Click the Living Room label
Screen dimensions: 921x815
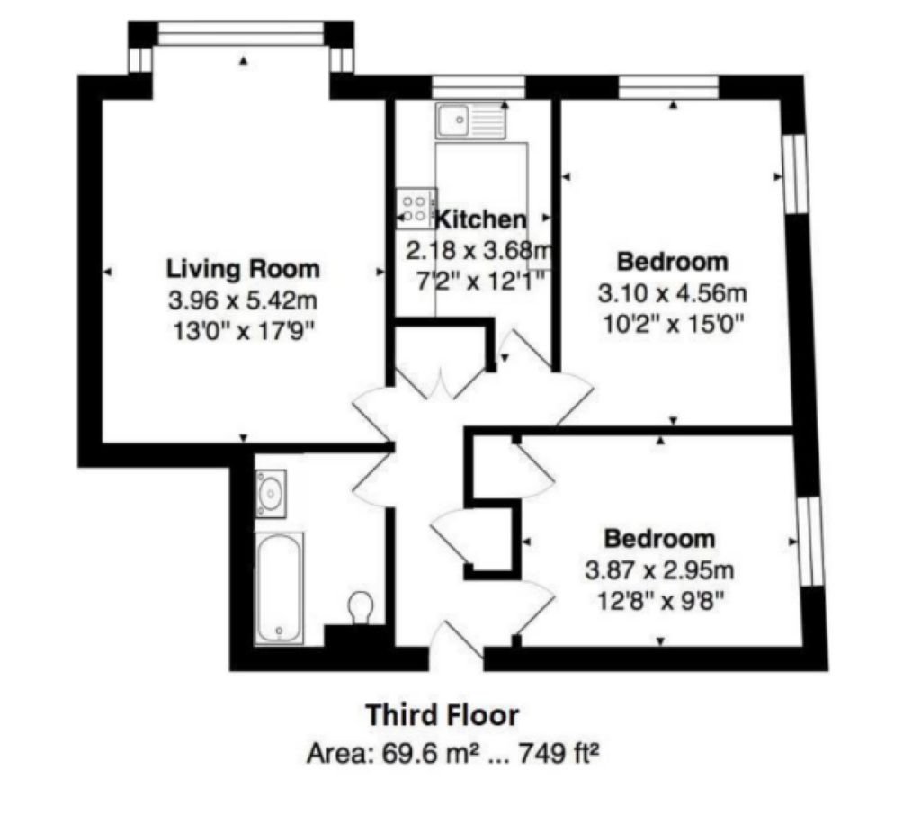point(243,269)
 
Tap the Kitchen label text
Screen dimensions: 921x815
point(480,219)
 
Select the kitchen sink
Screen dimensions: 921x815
point(469,121)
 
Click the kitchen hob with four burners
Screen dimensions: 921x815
point(416,209)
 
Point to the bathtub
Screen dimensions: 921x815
point(279,587)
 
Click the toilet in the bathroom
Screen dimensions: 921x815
point(361,607)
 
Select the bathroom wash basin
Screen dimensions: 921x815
point(270,494)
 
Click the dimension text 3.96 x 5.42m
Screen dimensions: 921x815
point(243,300)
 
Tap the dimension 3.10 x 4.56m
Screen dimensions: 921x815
point(673,292)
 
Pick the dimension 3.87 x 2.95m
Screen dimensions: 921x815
point(659,570)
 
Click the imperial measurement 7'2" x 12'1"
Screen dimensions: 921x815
point(481,282)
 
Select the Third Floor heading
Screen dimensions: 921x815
point(443,715)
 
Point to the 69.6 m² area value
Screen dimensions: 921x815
point(427,753)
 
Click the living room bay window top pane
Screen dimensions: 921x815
point(241,33)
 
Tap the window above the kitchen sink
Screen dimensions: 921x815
point(478,87)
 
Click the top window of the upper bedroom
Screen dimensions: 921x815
point(668,87)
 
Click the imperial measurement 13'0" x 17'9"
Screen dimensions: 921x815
point(243,332)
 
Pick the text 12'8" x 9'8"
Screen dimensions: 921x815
point(659,601)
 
